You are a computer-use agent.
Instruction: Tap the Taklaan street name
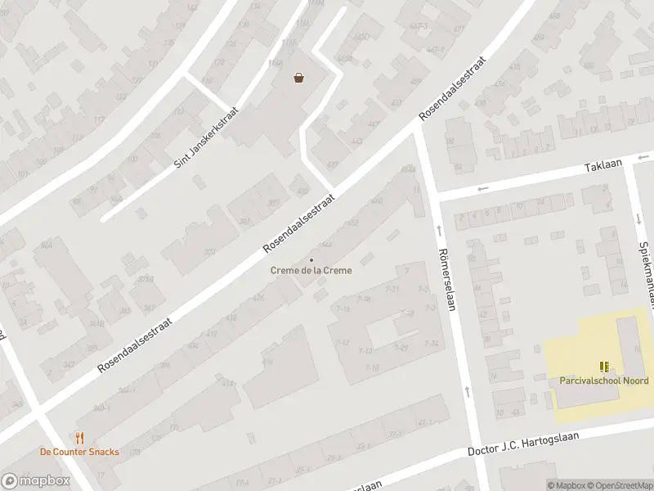[603, 165]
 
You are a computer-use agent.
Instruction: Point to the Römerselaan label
[446, 279]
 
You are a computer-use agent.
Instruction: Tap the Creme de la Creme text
[311, 271]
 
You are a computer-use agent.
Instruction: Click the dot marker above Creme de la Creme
[311, 259]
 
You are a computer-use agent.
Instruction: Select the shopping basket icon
[300, 78]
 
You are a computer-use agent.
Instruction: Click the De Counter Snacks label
[79, 452]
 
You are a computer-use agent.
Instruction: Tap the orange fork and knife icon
[79, 439]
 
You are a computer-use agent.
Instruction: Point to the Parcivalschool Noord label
[604, 381]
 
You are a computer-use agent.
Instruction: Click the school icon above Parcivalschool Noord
[604, 367]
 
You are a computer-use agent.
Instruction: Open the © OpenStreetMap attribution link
[618, 485]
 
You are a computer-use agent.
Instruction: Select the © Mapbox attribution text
[565, 485]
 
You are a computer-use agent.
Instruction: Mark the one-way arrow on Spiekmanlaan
[638, 218]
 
